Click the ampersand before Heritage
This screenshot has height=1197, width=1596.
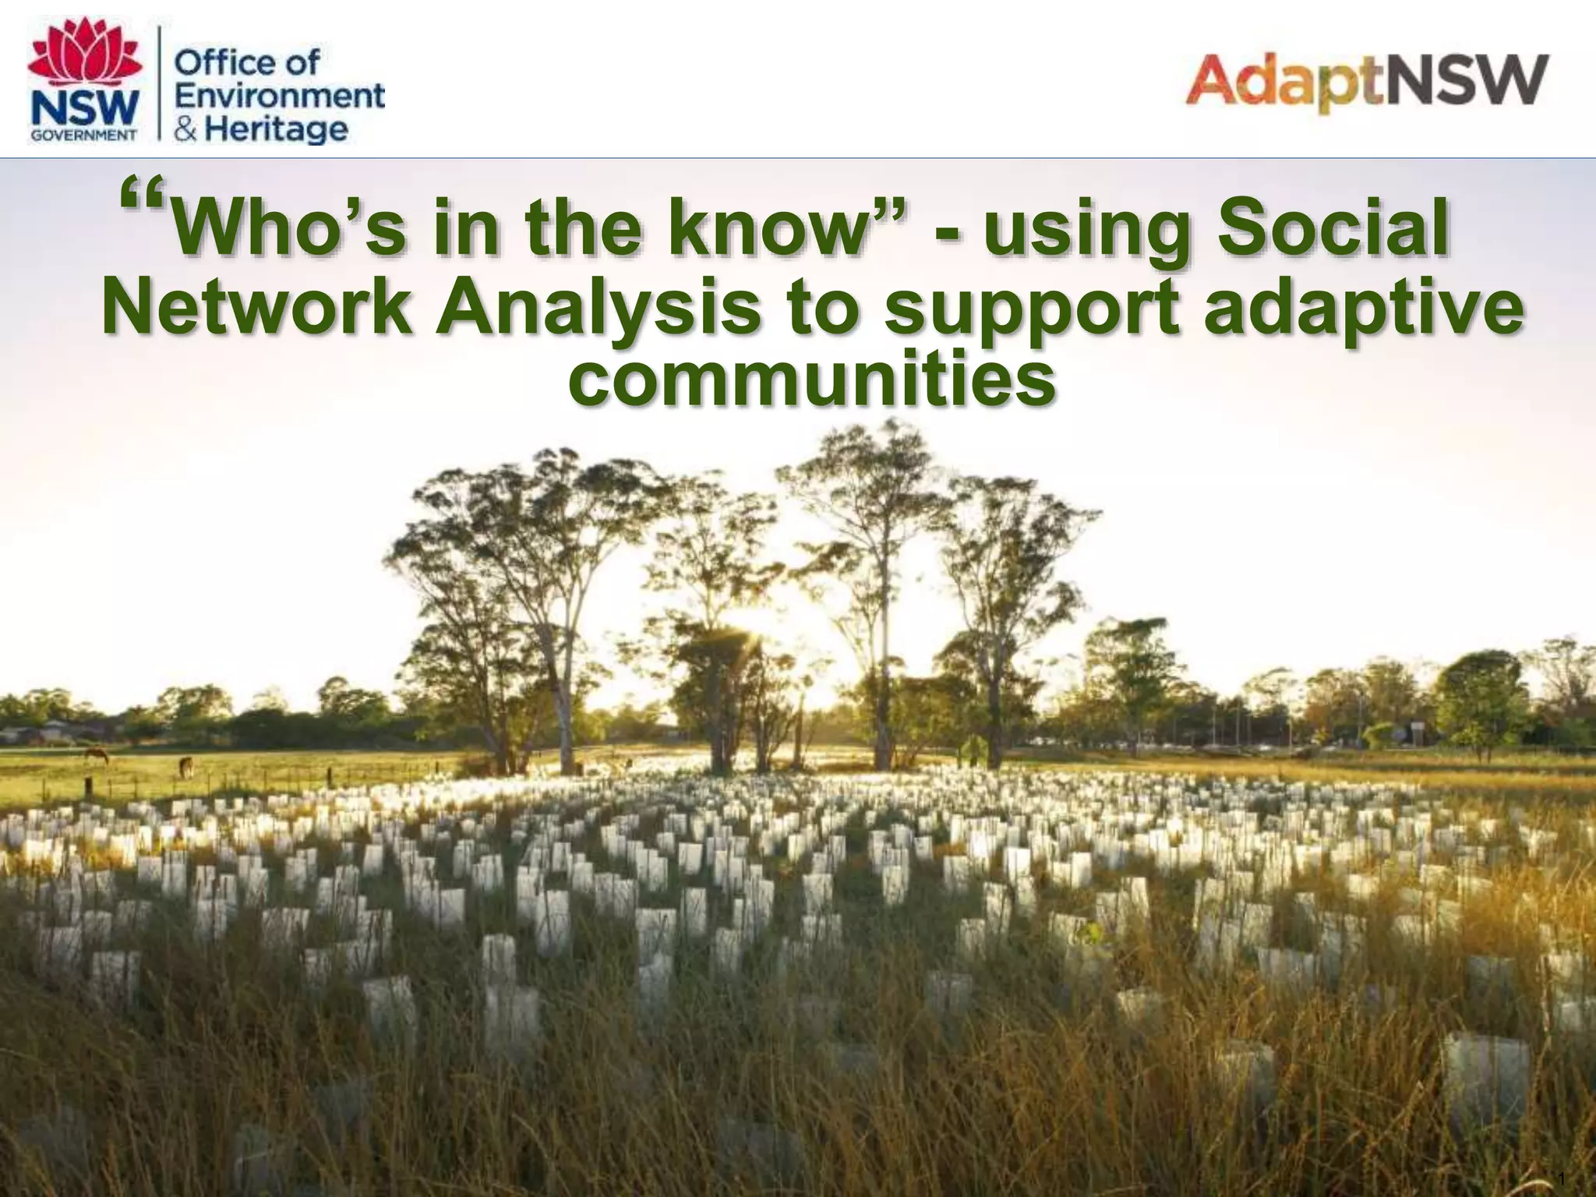pos(185,129)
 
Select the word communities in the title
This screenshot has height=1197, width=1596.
pos(811,381)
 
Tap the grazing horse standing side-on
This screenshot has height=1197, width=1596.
pos(96,754)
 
